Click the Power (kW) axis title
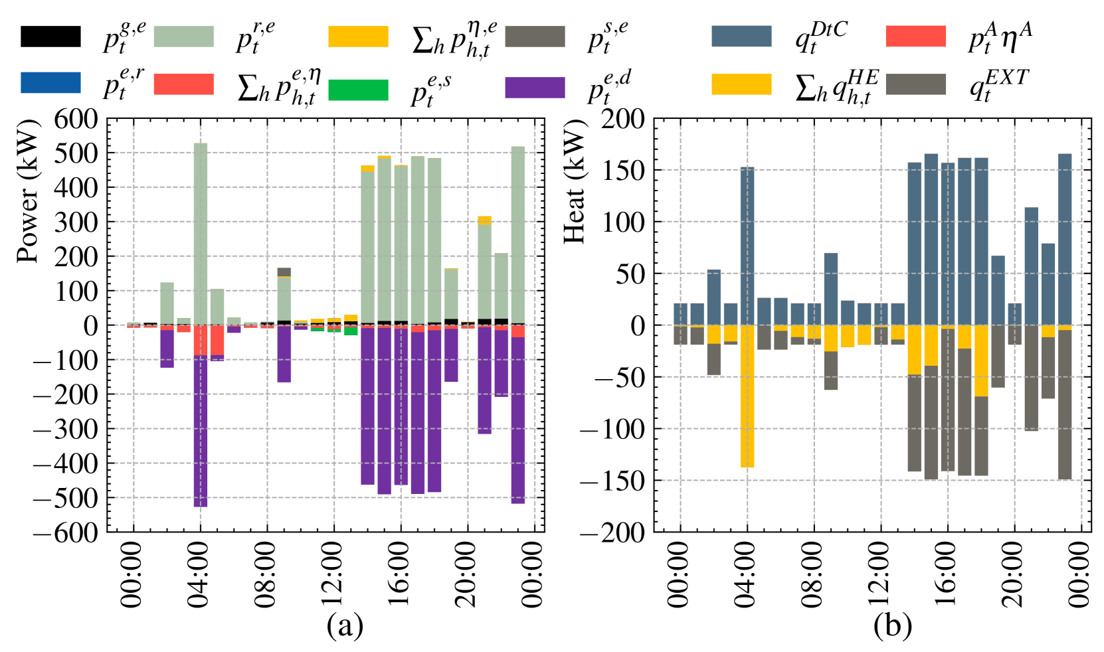tap(28, 192)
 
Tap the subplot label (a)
tap(345, 625)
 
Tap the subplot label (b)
tap(892, 625)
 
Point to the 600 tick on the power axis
tap(75, 120)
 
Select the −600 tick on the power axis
tap(66, 532)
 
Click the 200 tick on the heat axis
tap(622, 120)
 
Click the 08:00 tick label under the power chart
tap(266, 574)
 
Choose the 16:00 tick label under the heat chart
tap(947, 574)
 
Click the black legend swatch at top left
tap(50, 37)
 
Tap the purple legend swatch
tap(535, 88)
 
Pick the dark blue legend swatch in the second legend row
tap(50, 83)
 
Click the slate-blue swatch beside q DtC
tap(741, 37)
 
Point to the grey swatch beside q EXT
tap(916, 84)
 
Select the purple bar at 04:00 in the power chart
tap(201, 432)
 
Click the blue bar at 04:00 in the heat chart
tap(747, 246)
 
